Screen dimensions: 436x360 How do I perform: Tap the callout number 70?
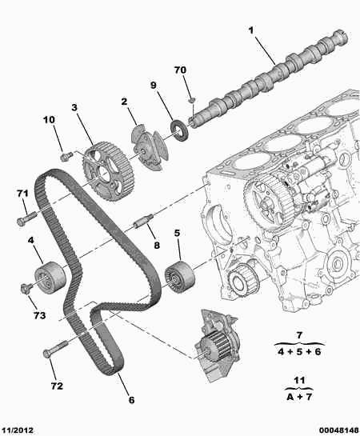click(181, 71)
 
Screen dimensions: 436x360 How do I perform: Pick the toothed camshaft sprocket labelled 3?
click(103, 172)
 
